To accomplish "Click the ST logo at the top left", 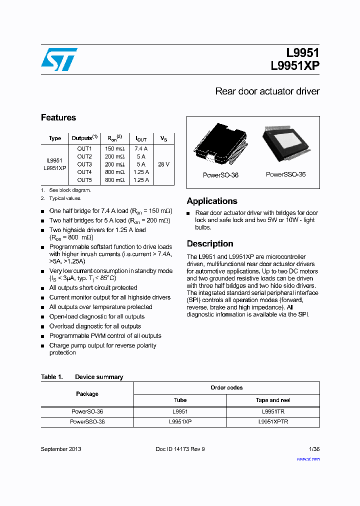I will (59, 59).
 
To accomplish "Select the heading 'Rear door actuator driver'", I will (267, 91).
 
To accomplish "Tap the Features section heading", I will (58, 117).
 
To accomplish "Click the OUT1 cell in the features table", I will (84, 148).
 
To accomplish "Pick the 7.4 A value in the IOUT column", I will (141, 148).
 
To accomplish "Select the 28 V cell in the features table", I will (163, 164).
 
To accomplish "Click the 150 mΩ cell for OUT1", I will (114, 148).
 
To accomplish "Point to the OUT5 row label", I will (84, 180).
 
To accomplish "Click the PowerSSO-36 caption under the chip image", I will (285, 174).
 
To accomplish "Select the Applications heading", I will (212, 201).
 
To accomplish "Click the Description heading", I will (210, 244).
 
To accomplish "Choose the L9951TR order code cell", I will (273, 411).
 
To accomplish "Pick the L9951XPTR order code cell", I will (273, 421).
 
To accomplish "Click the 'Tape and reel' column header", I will (273, 400).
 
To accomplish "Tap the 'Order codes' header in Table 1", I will (226, 387).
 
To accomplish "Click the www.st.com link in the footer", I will (308, 459).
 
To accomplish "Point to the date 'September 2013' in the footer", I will (61, 449).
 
